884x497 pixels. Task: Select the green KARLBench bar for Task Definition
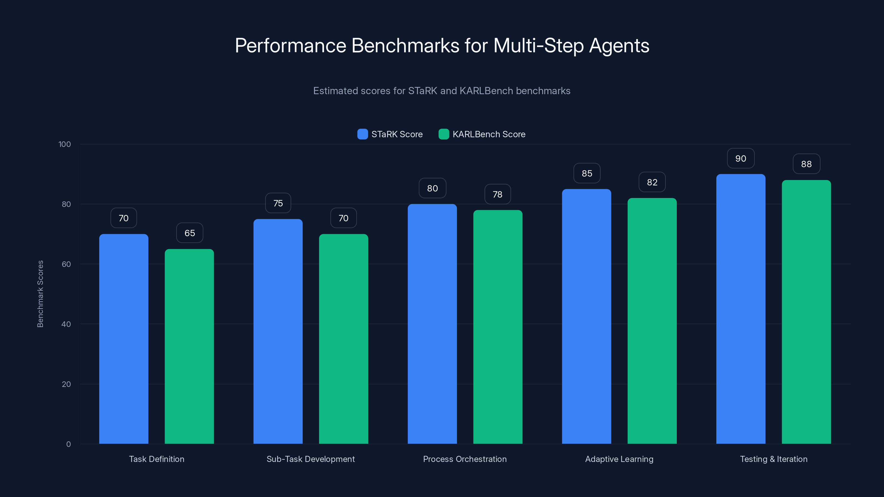[x=189, y=347]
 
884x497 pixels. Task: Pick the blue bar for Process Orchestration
[x=432, y=324]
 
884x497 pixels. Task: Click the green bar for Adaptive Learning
[x=652, y=321]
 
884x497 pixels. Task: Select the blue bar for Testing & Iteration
[x=741, y=309]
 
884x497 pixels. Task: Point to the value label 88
[x=806, y=164]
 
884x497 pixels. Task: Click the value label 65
[x=190, y=233]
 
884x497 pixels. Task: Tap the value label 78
[x=497, y=194]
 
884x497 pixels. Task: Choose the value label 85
[x=587, y=173]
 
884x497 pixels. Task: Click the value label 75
[x=278, y=203]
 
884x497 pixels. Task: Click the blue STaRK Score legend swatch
[x=362, y=134]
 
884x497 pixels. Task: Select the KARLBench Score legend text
[x=489, y=134]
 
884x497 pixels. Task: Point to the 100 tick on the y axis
[x=65, y=144]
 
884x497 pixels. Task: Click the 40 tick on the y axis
[x=66, y=324]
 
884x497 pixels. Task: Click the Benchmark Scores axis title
[x=40, y=294]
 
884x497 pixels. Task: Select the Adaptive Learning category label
[x=619, y=459]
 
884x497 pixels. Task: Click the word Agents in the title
[x=619, y=46]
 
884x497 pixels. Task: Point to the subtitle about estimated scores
[x=442, y=91]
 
